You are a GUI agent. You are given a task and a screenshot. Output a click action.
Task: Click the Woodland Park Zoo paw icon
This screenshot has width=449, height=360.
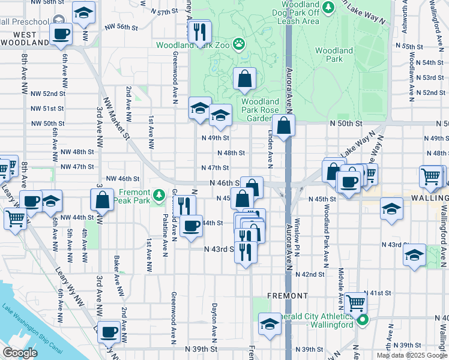(x=240, y=43)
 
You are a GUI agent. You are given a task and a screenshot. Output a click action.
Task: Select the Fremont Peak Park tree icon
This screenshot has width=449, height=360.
(x=159, y=194)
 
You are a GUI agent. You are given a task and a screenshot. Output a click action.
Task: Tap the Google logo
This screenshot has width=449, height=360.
(x=20, y=353)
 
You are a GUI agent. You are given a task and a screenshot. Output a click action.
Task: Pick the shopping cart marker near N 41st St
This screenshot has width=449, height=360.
(x=355, y=304)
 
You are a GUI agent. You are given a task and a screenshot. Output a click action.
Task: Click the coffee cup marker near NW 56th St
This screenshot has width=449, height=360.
(x=62, y=34)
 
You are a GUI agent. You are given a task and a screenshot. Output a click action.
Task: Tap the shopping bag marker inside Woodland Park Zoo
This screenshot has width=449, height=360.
(x=245, y=79)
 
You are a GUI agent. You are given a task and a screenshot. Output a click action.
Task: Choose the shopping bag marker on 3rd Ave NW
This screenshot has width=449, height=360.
(x=102, y=199)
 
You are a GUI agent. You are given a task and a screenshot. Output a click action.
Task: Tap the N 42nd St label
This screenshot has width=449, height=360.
(x=313, y=274)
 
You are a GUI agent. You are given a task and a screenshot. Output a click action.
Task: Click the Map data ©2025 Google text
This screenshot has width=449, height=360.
(x=411, y=355)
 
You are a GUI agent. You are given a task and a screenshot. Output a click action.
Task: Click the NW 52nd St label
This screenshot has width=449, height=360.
(x=47, y=94)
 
